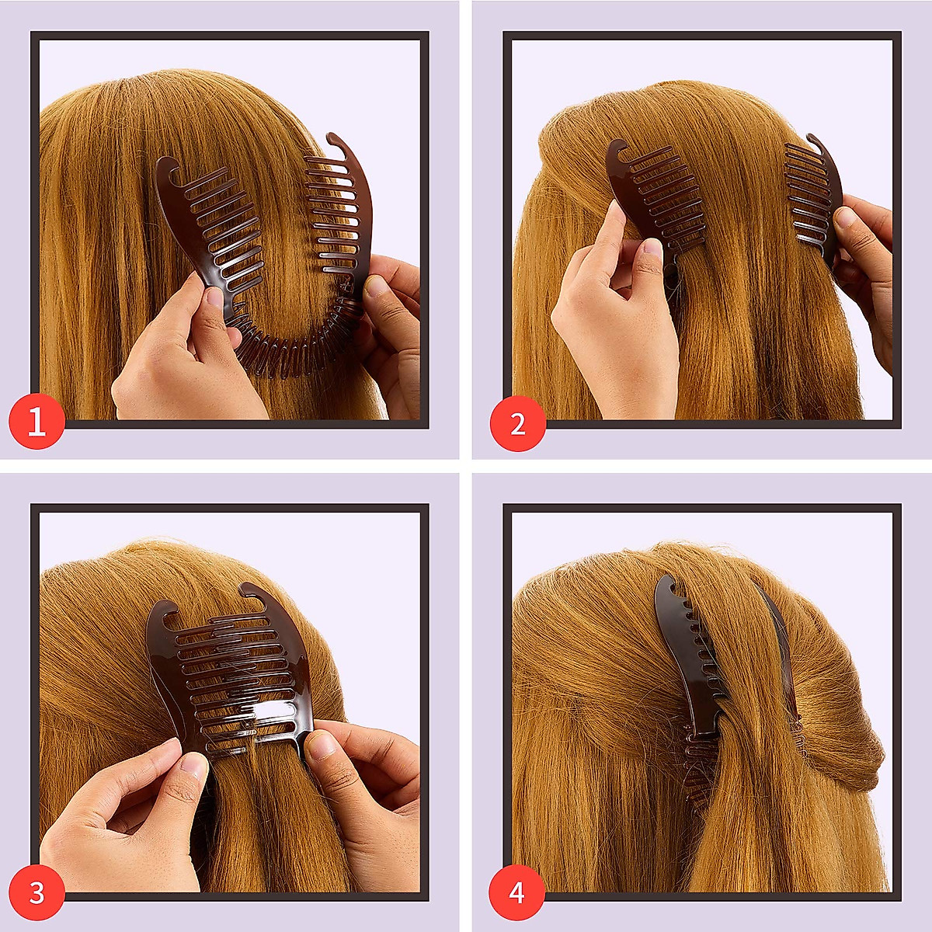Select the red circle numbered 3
[x=37, y=892]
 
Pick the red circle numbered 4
[x=517, y=892]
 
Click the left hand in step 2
[x=614, y=326]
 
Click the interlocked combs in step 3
[x=233, y=668]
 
